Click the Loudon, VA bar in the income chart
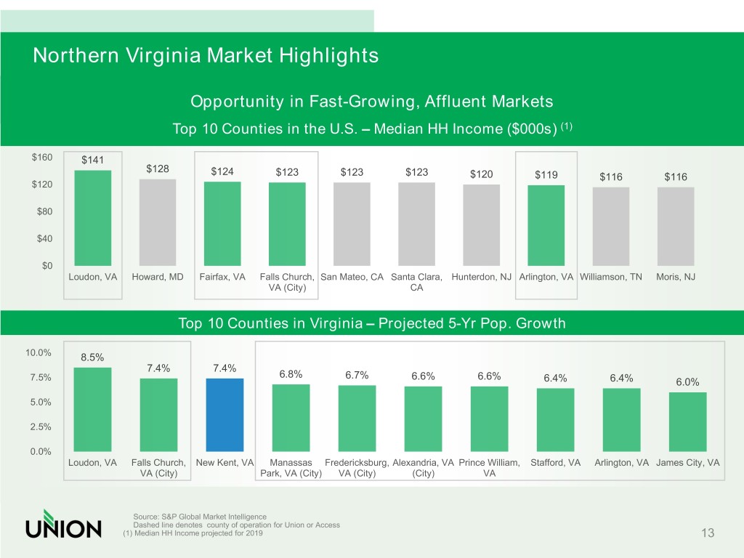[93, 218]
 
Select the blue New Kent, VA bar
[225, 414]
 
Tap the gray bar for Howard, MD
[158, 222]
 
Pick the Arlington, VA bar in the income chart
[546, 225]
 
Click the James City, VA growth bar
[687, 421]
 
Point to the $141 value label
[92, 161]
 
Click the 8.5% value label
[92, 357]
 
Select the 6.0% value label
[687, 382]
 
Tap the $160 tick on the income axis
[42, 157]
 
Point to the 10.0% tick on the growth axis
[39, 352]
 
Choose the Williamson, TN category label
[612, 277]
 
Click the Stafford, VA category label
[556, 463]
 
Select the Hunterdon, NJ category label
[482, 277]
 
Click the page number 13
[708, 534]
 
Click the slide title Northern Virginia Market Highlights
[206, 55]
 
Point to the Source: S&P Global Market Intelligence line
[200, 516]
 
